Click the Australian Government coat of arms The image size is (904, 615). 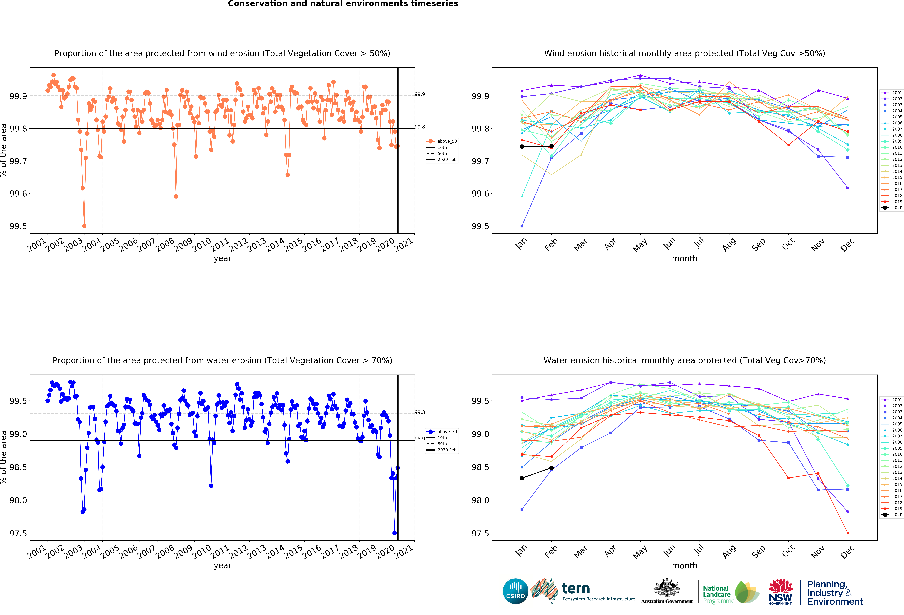(667, 588)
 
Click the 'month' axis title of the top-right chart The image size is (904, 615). (685, 259)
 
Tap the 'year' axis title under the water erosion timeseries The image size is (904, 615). (223, 566)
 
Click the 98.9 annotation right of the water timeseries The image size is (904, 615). (420, 439)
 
